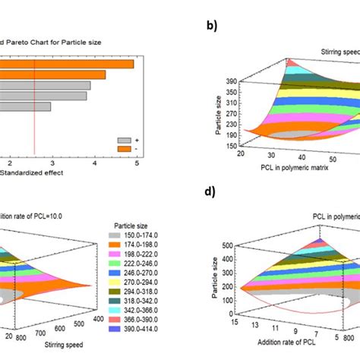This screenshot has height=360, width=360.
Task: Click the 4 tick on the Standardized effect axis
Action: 93,163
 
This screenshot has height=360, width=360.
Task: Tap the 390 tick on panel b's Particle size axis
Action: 224,78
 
